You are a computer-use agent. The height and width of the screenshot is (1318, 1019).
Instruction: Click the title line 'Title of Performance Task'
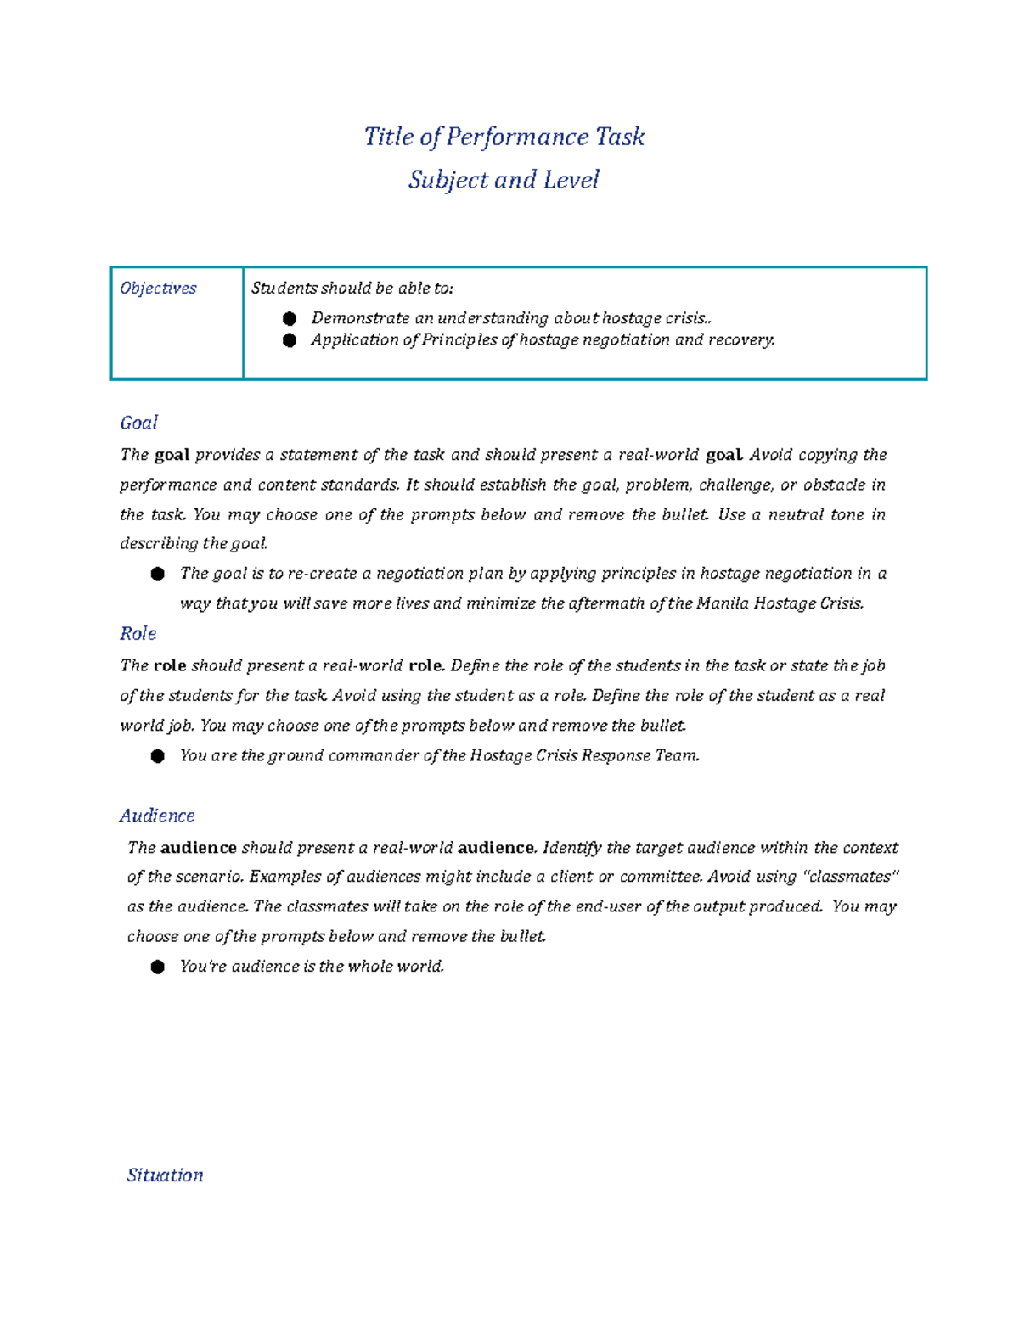504,137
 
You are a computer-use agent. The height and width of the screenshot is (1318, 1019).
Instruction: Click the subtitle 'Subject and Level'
504,180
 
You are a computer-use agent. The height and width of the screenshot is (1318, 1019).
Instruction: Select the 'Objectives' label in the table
158,289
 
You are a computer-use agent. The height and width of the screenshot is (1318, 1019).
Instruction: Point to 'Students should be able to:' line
352,289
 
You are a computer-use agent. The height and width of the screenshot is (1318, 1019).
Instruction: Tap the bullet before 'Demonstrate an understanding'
290,319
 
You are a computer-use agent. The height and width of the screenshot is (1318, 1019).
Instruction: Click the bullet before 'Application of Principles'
290,340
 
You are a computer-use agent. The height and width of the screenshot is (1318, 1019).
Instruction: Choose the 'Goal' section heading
138,423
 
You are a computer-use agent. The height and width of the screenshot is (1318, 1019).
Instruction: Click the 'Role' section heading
138,633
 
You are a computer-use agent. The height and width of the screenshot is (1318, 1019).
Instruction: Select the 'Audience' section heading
157,816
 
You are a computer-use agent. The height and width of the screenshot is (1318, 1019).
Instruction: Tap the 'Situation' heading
165,1175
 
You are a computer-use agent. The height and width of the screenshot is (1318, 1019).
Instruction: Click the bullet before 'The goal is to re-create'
158,575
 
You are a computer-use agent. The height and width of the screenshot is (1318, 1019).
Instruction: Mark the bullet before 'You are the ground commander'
158,756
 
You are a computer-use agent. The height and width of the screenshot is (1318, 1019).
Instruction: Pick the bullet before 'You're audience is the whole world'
158,967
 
